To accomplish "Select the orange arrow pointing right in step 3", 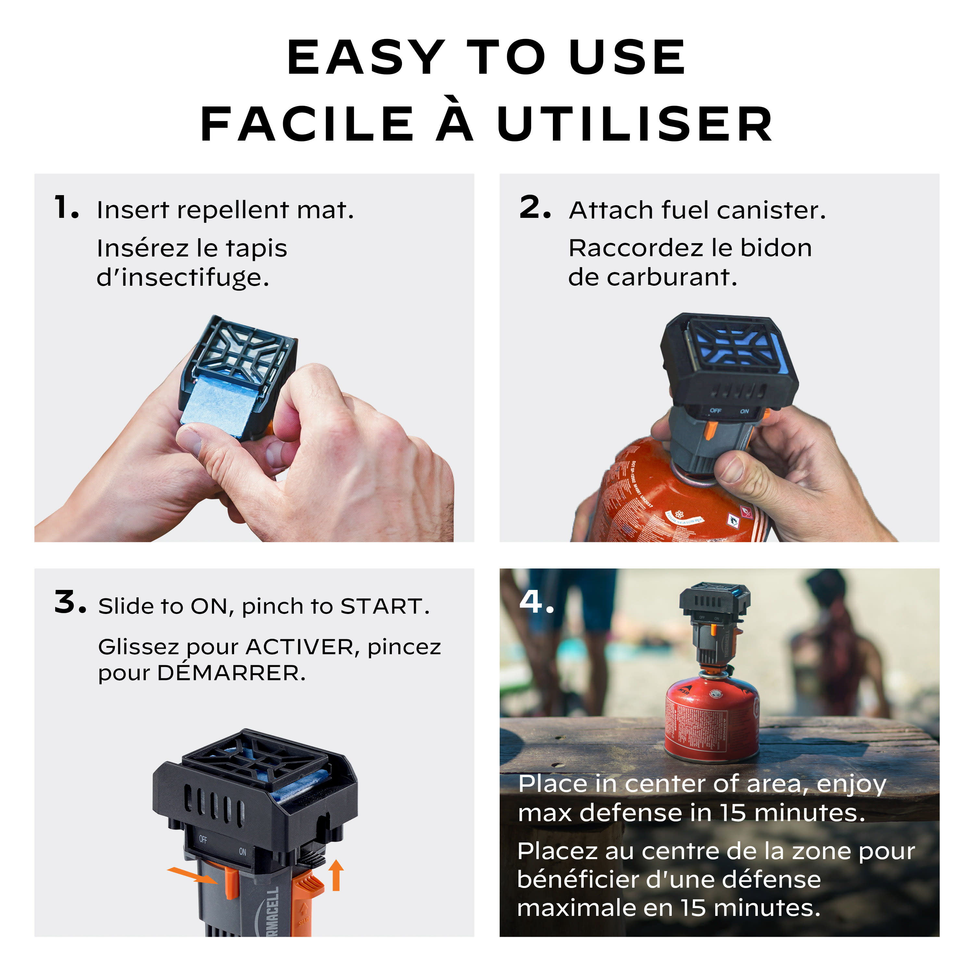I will click(x=192, y=875).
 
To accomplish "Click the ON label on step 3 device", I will click(x=243, y=852).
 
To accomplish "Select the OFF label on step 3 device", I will click(x=203, y=839).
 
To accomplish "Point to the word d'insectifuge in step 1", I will click(x=182, y=277).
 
